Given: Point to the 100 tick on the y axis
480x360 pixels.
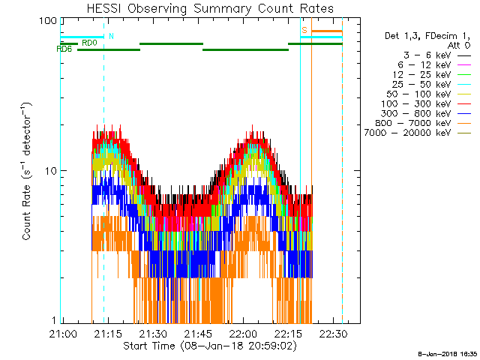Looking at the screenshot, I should tap(49, 20).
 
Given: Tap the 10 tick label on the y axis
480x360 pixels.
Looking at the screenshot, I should tap(50, 171).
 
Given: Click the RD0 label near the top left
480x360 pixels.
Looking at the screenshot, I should tap(89, 43).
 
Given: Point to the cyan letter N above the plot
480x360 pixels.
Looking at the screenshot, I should tap(112, 35).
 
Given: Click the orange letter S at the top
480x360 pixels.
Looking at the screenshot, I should tap(304, 30).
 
